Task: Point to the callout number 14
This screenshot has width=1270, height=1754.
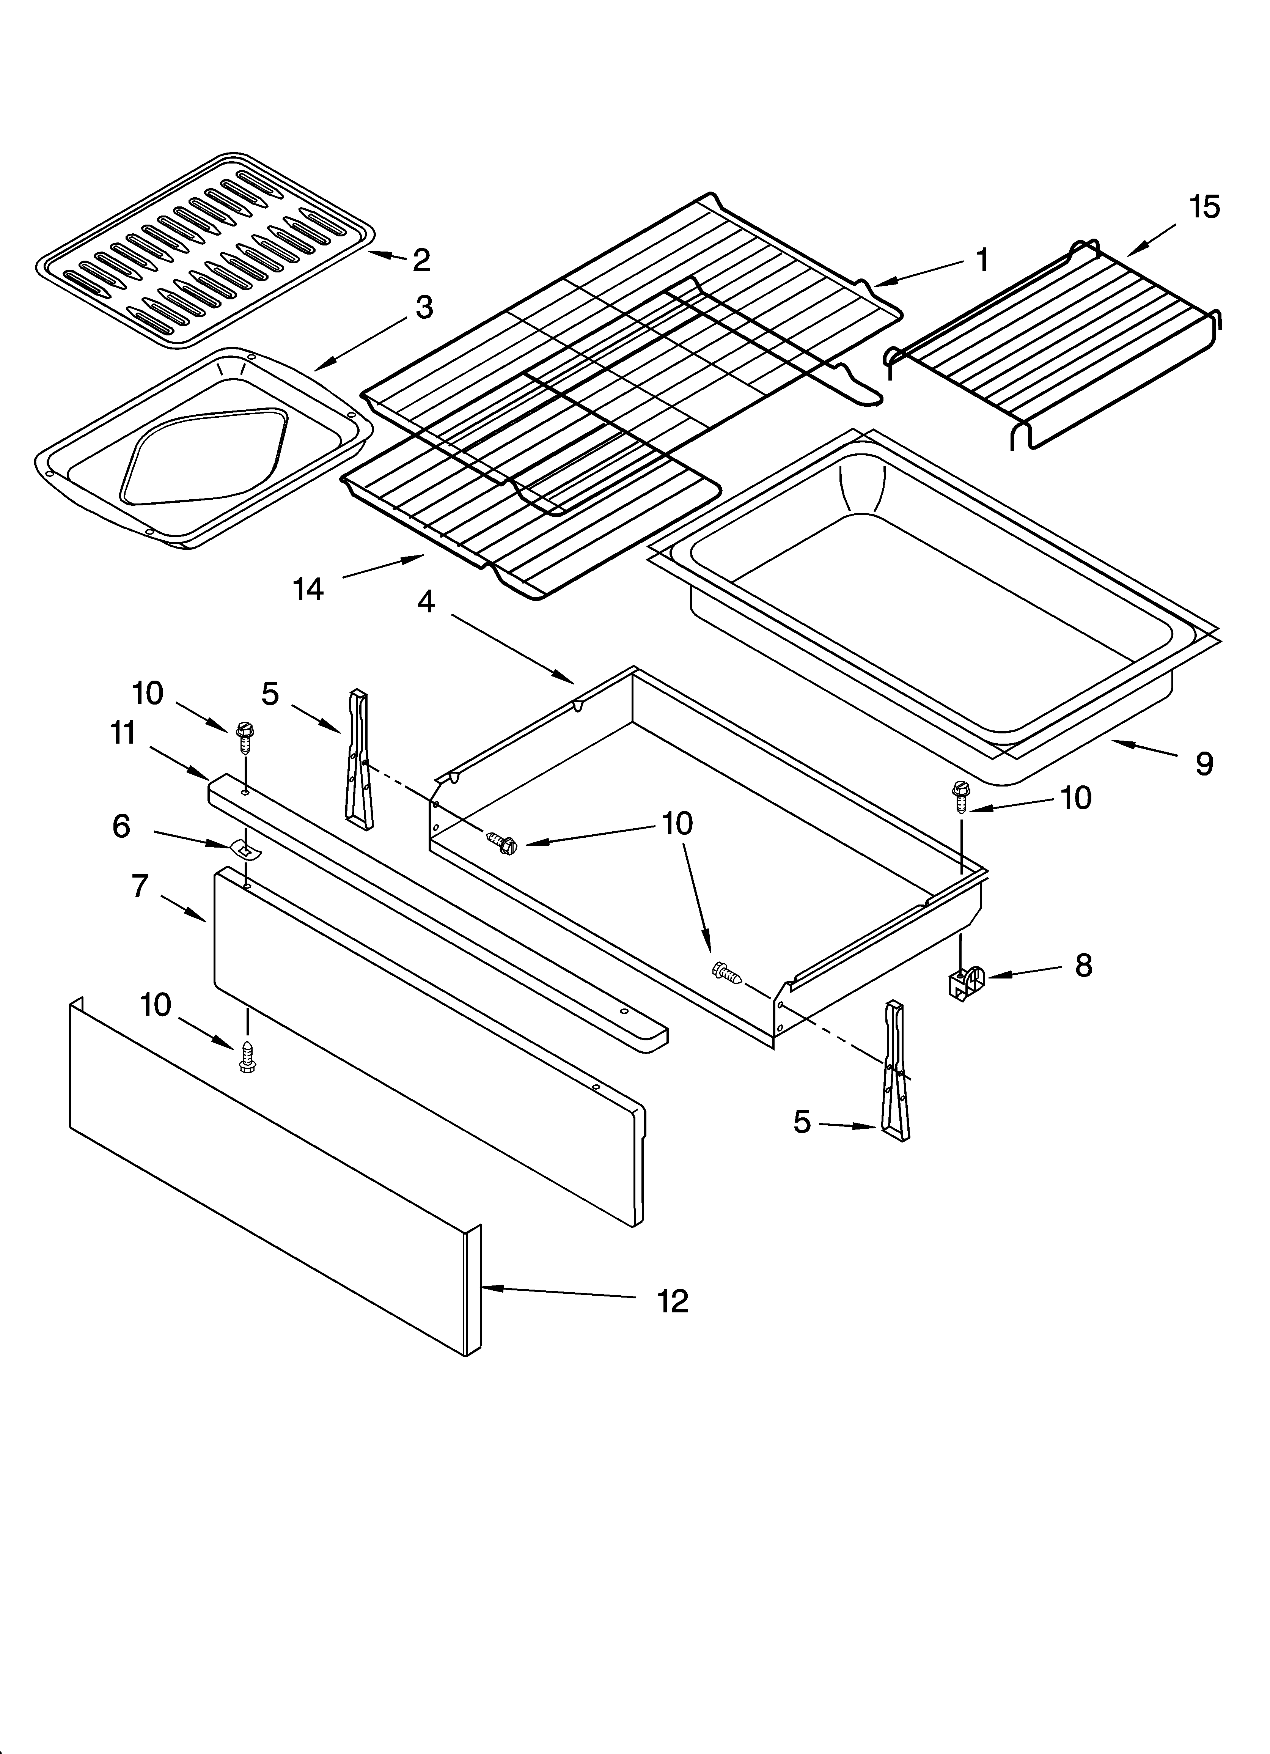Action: click(308, 589)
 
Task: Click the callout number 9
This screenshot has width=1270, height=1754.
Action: click(1204, 764)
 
